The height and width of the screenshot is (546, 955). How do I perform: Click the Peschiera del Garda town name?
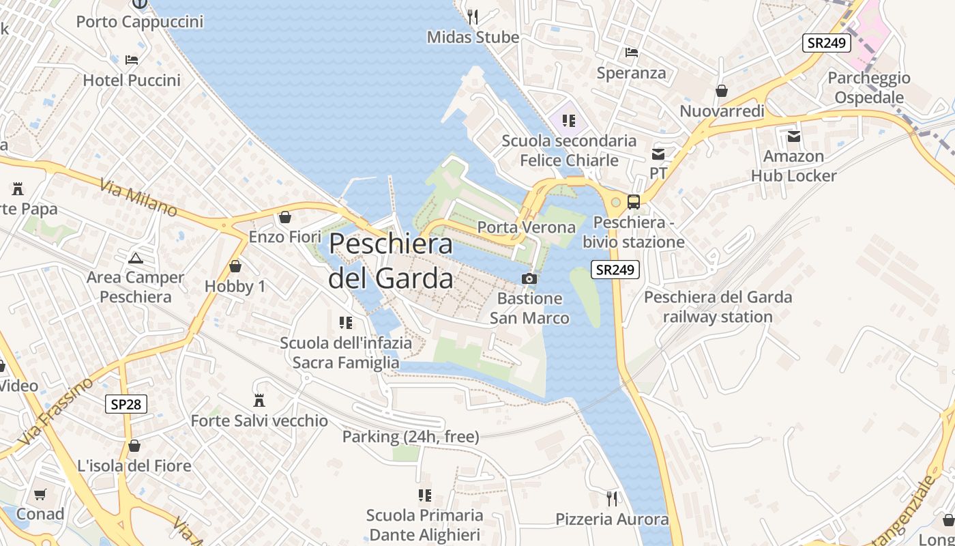pos(391,261)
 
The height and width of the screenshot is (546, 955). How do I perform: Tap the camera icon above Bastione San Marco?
pos(529,278)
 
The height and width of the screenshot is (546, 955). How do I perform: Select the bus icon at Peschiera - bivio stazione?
pos(634,201)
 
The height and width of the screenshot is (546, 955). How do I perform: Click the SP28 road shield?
pos(127,404)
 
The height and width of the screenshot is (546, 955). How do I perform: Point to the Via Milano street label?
pos(138,198)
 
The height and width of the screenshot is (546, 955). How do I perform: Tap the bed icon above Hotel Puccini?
pos(132,60)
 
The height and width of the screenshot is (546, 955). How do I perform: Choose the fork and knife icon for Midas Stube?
pos(473,16)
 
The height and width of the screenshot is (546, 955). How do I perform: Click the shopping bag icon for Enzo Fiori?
pos(285,217)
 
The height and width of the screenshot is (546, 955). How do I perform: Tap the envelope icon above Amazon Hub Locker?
pos(794,136)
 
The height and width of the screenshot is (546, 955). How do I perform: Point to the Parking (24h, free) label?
pos(411,436)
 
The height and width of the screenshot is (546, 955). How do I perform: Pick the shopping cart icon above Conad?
pos(40,494)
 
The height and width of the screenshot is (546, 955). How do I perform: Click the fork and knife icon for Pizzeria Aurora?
pos(612,499)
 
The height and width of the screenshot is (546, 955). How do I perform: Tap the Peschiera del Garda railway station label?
pos(718,307)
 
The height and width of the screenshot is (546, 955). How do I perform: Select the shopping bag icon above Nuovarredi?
pos(722,91)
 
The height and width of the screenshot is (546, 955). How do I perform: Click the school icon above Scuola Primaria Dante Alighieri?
pos(424,495)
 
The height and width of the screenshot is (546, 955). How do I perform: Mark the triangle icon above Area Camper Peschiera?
pos(135,258)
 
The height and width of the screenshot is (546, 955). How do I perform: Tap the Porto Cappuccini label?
pos(140,22)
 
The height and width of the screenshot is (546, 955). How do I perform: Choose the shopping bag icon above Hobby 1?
pos(235,266)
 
